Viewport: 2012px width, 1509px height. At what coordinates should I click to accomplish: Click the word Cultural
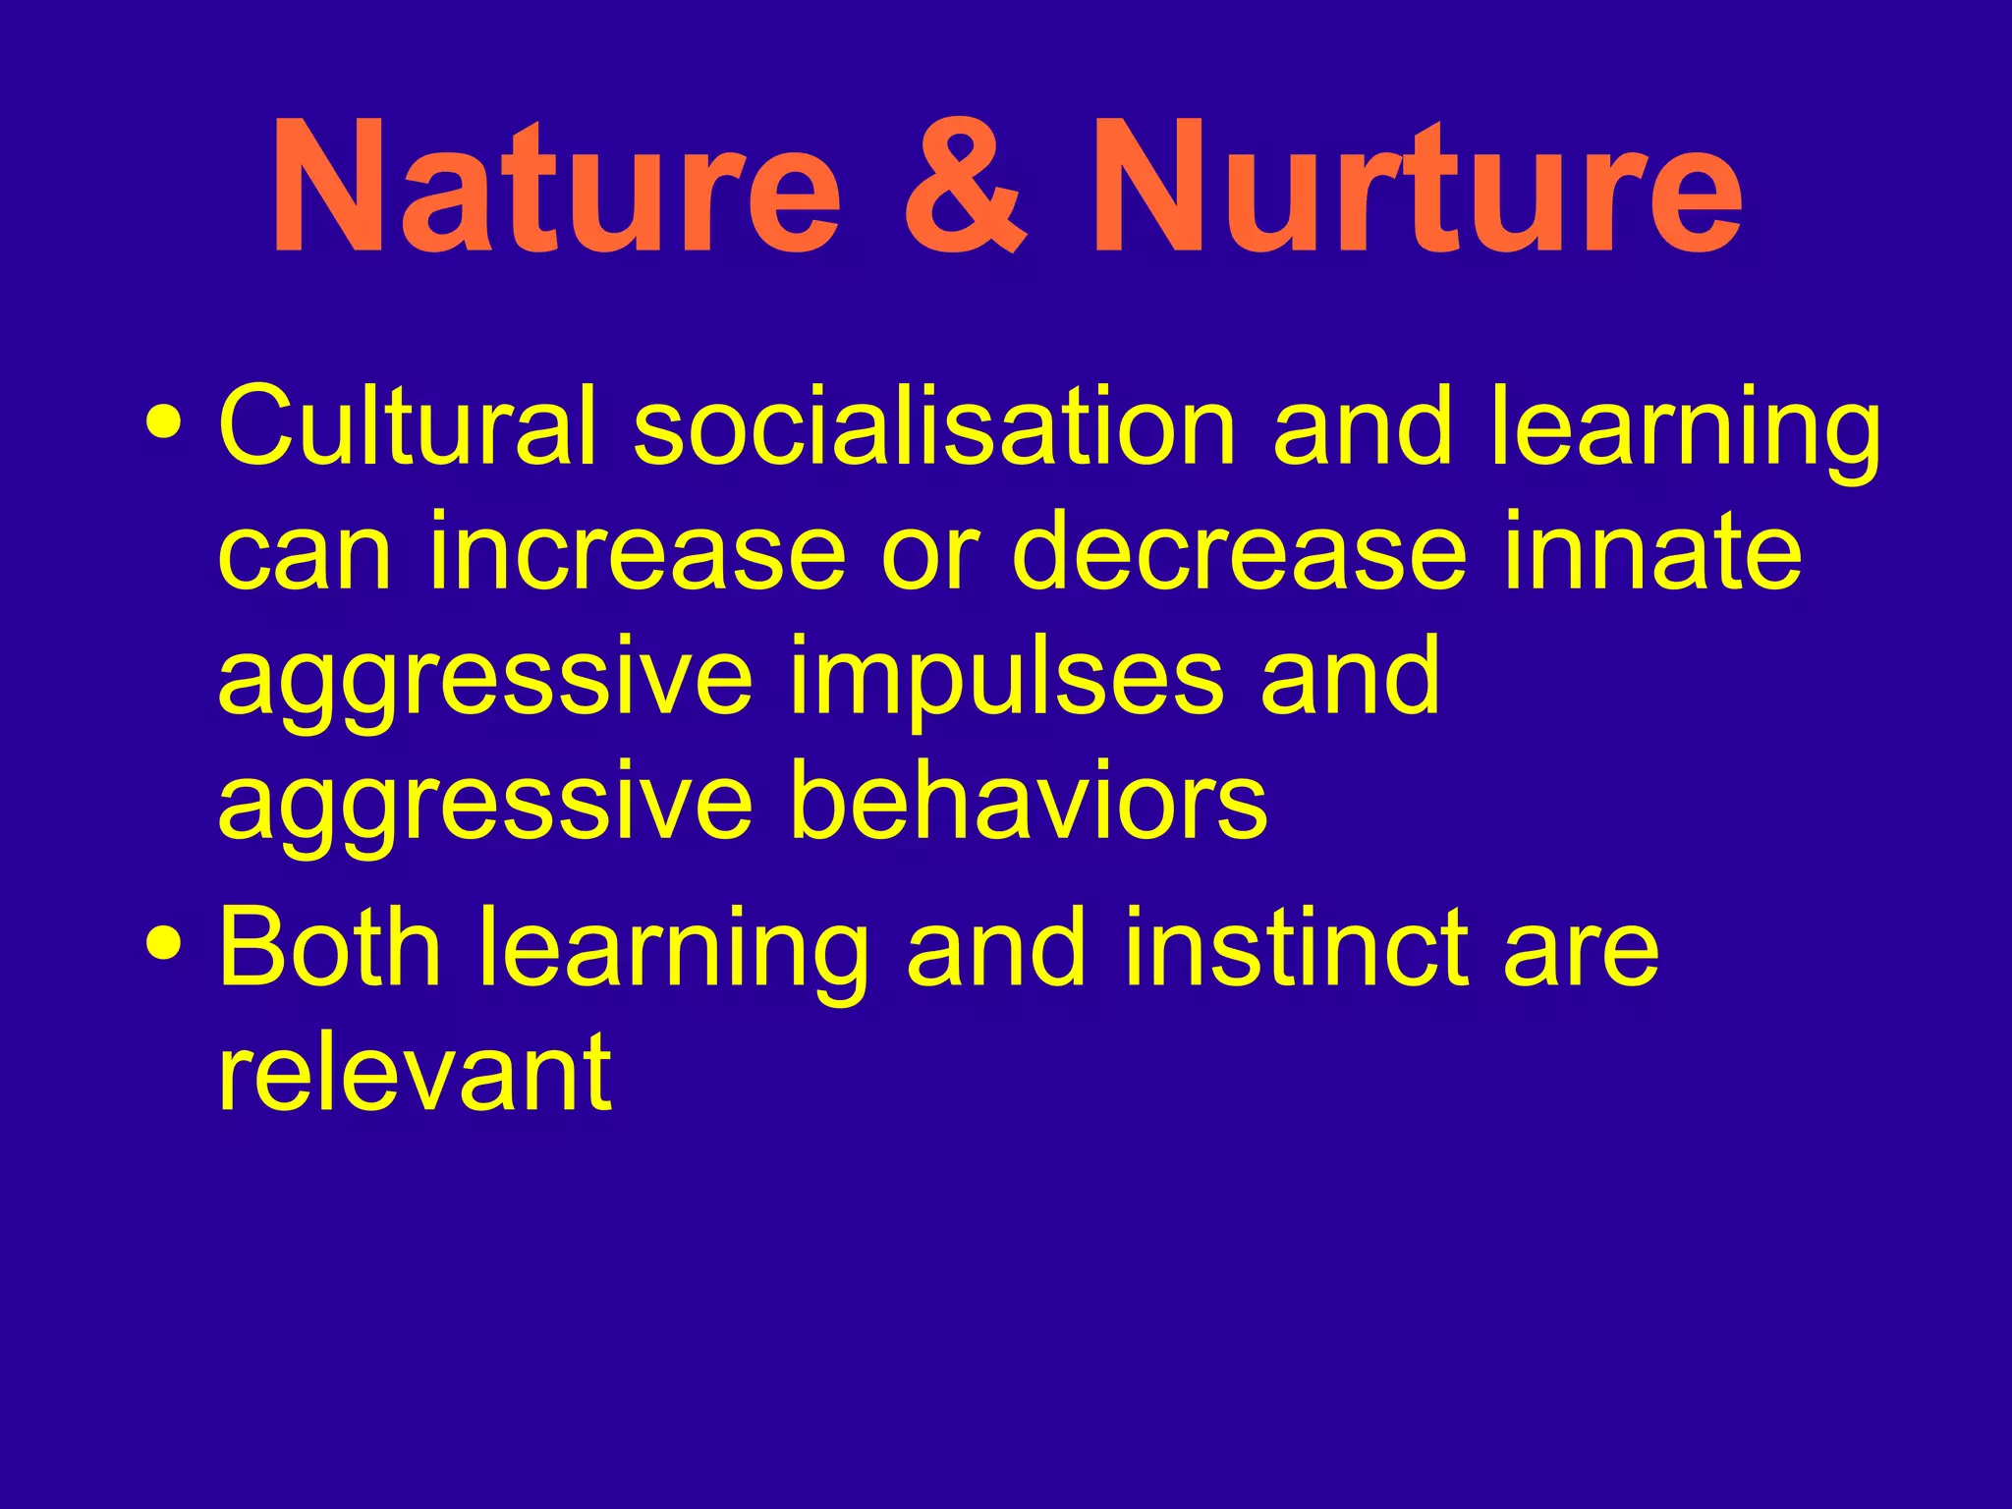click(x=408, y=428)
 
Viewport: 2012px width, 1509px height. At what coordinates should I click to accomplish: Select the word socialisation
click(x=934, y=428)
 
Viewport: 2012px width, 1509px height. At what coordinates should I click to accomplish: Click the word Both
click(x=330, y=947)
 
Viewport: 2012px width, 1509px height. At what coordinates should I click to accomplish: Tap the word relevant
click(x=415, y=1073)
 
